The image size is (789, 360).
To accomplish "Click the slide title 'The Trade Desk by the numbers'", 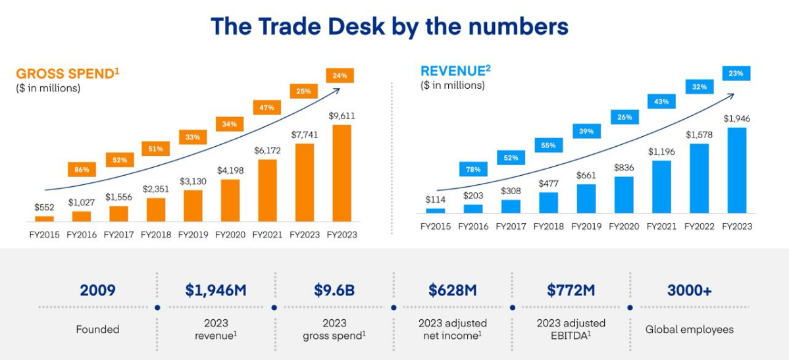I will click(x=389, y=26).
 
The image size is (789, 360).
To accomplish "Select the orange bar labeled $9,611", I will click(x=342, y=172).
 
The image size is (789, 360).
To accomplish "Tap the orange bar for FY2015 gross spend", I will click(x=44, y=218).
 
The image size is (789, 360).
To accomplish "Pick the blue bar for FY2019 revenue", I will click(x=586, y=198).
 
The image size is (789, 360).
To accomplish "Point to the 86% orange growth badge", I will click(x=82, y=170).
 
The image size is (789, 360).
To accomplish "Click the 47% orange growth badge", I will click(x=267, y=107).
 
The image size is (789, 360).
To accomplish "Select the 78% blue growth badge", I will click(x=473, y=170).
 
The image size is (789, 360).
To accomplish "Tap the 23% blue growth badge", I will click(x=736, y=74).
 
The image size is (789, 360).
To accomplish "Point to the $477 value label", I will click(x=548, y=184).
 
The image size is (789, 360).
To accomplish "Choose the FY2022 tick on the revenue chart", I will click(x=699, y=226).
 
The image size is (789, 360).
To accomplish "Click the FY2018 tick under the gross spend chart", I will click(x=156, y=235).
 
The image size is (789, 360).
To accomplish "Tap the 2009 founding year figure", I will click(x=97, y=290).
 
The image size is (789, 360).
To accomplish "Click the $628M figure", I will click(x=452, y=290).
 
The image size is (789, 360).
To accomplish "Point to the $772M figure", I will click(x=571, y=290).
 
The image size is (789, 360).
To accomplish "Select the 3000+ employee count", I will click(x=689, y=290).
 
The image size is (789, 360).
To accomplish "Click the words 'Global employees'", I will click(x=689, y=329).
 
